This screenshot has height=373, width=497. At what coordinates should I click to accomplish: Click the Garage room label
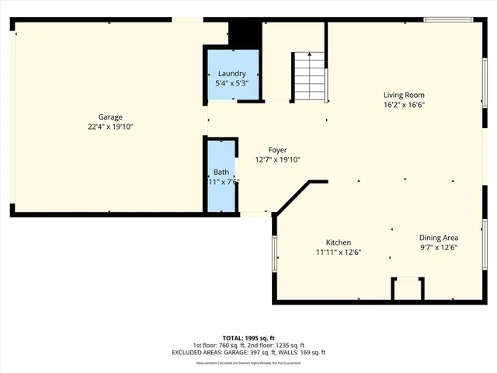(x=109, y=117)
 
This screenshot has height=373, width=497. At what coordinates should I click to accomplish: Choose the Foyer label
(x=277, y=151)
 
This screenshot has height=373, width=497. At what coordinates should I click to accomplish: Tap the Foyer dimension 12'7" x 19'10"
(x=277, y=159)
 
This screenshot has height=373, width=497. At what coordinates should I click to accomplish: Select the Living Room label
(x=404, y=96)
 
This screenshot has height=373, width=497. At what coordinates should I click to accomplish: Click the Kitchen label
(x=339, y=242)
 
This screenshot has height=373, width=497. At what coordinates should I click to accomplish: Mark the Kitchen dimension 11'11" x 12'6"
(x=339, y=252)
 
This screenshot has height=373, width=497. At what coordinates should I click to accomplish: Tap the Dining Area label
(x=438, y=238)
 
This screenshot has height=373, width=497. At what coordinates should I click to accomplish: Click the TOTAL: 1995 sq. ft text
(x=248, y=338)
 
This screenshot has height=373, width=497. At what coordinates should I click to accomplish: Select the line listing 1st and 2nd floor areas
(x=248, y=345)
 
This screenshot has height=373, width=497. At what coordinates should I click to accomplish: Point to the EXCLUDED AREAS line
(x=248, y=352)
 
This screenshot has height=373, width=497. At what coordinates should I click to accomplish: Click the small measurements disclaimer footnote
(x=248, y=363)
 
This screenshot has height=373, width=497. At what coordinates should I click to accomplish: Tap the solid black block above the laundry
(x=243, y=33)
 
